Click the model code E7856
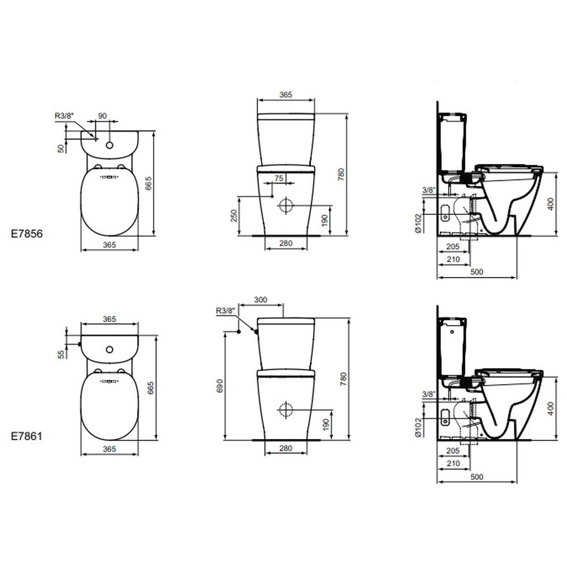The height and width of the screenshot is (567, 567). [x=27, y=234]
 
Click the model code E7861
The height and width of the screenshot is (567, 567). [x=27, y=437]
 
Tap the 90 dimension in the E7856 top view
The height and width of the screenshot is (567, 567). [x=103, y=116]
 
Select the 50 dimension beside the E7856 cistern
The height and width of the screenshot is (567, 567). [x=61, y=148]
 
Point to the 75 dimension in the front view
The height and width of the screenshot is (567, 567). [x=279, y=178]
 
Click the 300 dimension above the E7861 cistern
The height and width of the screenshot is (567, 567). [x=261, y=300]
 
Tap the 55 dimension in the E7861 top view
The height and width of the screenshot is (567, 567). [x=61, y=354]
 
